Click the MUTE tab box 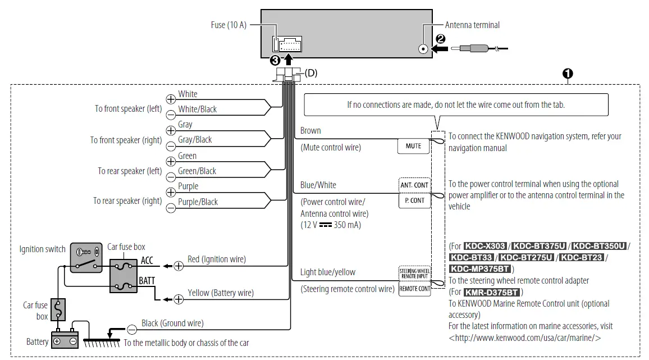click(x=413, y=146)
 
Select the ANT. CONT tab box click(x=414, y=185)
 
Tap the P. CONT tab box click(x=414, y=200)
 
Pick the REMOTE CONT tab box click(x=414, y=289)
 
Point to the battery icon click(x=65, y=339)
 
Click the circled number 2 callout click(x=440, y=39)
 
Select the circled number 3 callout click(x=275, y=61)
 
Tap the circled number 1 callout click(x=568, y=74)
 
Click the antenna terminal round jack click(x=423, y=49)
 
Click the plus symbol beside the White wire click(x=171, y=99)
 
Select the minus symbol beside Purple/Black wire click(x=171, y=208)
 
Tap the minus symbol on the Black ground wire click(x=131, y=330)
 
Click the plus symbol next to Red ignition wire click(x=179, y=266)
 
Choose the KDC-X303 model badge click(x=485, y=246)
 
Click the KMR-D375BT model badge click(x=491, y=293)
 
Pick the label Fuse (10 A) click(x=228, y=25)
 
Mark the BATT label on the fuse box click(x=147, y=281)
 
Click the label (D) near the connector click(x=311, y=73)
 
